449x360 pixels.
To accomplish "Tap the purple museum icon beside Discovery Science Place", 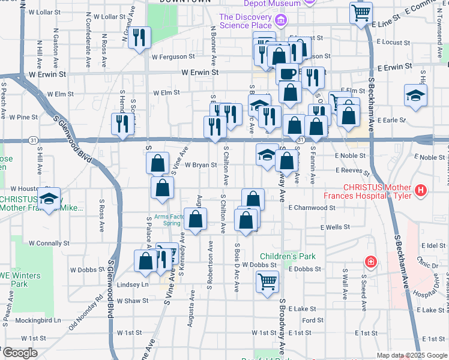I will (280, 22).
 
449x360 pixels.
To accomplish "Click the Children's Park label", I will (287, 256).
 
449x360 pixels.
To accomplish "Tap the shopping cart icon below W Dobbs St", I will (267, 281).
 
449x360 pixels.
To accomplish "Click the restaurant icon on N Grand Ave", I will (139, 37).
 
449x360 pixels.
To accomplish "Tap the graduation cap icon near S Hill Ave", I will (50, 199).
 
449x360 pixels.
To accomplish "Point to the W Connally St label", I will (49, 244).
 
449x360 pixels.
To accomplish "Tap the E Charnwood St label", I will (312, 208).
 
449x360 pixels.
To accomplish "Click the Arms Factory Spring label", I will (163, 220).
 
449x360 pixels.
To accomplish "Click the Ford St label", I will (313, 320).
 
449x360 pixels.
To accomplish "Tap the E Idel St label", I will (433, 246).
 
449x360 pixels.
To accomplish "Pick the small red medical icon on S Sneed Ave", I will (372, 262).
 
